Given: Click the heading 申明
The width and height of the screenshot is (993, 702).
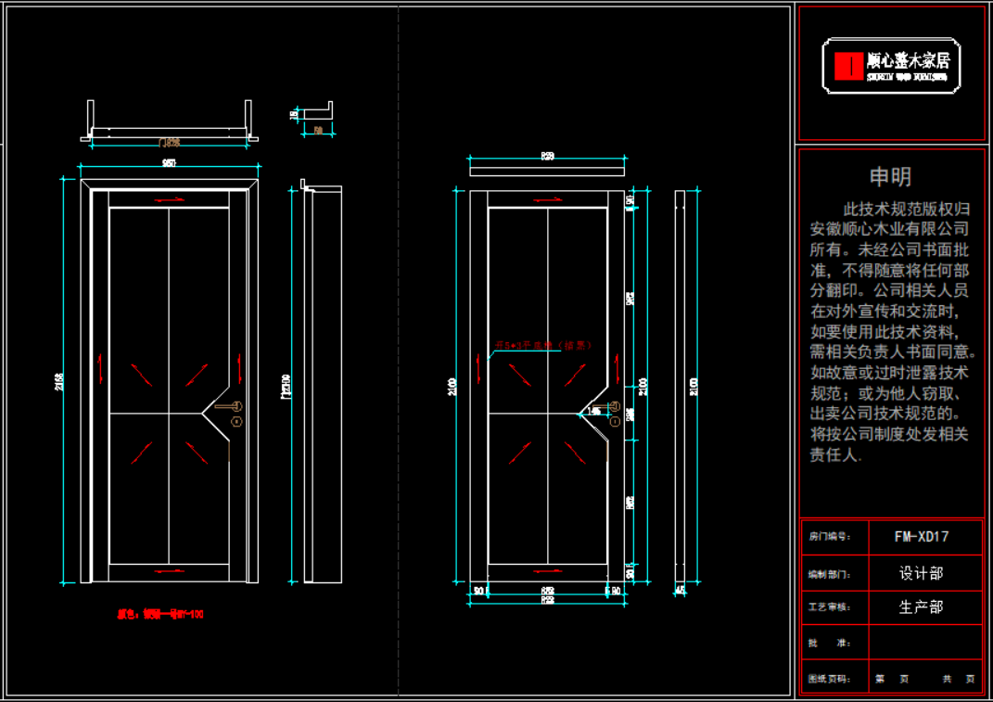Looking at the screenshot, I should click(x=889, y=176).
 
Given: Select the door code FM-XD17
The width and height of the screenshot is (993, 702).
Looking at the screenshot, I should click(x=921, y=536).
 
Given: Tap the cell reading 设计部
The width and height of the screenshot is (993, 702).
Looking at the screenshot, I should click(x=921, y=573).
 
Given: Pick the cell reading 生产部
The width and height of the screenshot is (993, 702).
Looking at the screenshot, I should click(x=921, y=607).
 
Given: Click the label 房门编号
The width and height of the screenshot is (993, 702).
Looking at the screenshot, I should click(x=829, y=537).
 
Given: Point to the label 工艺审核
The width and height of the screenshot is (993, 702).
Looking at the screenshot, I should click(x=829, y=607).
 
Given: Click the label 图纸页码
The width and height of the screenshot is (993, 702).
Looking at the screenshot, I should click(x=829, y=680).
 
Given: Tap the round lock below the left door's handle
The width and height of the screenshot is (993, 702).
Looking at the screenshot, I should click(x=236, y=422).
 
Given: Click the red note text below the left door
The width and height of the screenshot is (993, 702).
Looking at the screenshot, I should click(x=160, y=614).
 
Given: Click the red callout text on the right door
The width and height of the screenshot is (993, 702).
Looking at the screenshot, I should click(x=542, y=345).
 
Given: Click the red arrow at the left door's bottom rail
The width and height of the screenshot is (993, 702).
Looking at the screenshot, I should click(x=169, y=572).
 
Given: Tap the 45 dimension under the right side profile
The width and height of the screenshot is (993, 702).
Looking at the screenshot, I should click(x=680, y=590).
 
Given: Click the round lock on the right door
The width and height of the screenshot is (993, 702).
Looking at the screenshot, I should click(x=615, y=422).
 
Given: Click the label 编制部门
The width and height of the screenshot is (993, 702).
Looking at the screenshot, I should click(x=829, y=574).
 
